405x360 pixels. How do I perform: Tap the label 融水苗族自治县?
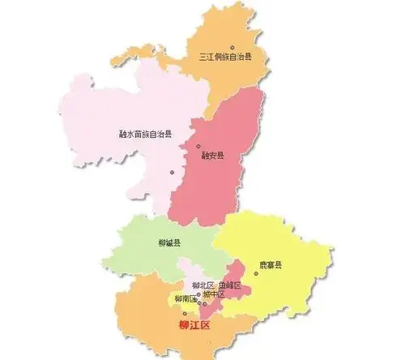145,133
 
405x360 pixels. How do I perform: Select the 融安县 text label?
213,156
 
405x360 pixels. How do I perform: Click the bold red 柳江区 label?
194,326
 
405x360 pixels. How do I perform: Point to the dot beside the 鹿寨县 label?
256,273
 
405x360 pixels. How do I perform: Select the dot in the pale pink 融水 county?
172,172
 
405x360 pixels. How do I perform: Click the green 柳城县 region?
146,251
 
